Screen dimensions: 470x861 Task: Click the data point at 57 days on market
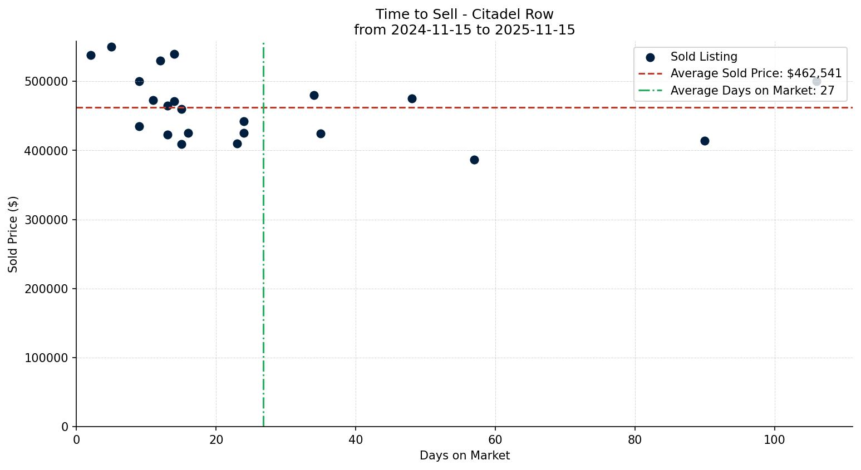click(474, 160)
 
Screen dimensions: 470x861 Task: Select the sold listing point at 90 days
click(705, 141)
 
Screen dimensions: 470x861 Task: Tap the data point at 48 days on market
click(412, 98)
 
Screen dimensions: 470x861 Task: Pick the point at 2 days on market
click(91, 55)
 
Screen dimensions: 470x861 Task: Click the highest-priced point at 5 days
click(111, 47)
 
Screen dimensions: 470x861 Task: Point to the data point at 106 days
click(816, 81)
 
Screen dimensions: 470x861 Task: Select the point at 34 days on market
click(314, 95)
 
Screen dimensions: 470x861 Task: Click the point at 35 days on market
click(321, 133)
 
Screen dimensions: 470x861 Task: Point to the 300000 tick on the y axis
click(49, 220)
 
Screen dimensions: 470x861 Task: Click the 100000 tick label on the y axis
click(49, 358)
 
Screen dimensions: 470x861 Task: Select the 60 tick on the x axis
click(495, 439)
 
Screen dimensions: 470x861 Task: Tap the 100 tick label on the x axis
click(774, 439)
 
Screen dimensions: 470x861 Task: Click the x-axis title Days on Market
click(464, 456)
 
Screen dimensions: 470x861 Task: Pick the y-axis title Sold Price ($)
click(13, 234)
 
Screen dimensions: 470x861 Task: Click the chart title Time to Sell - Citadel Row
click(464, 14)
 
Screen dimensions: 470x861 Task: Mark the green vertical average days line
click(263, 278)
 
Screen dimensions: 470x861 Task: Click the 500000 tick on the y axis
click(49, 81)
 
